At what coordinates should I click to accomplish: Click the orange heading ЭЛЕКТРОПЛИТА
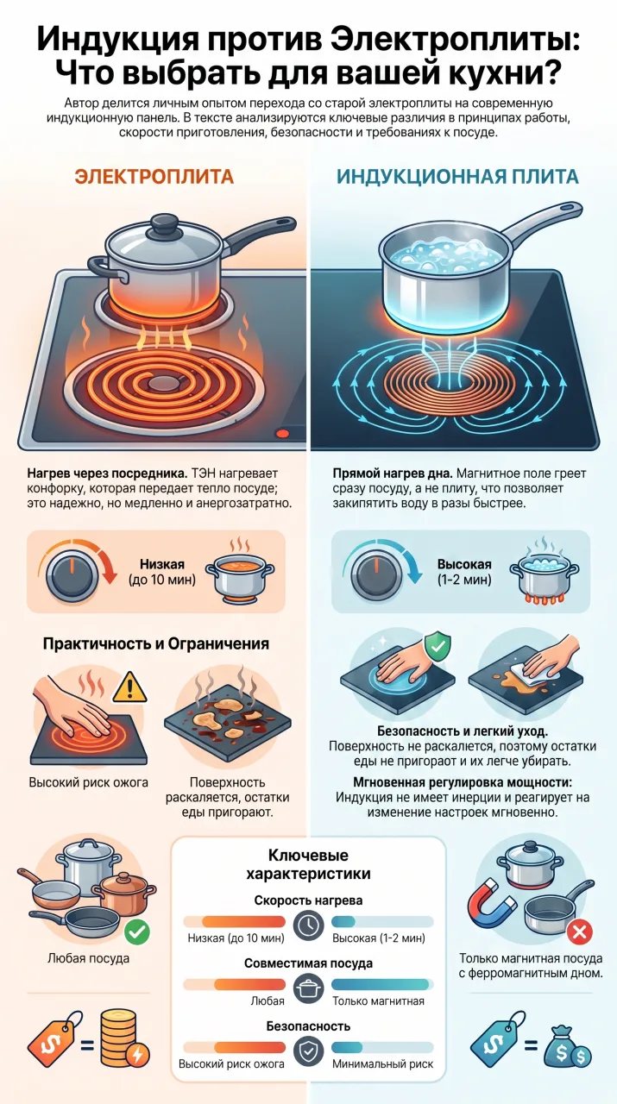click(x=154, y=177)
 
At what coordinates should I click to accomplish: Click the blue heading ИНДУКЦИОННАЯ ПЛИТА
click(x=457, y=177)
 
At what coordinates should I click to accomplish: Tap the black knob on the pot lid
click(x=164, y=223)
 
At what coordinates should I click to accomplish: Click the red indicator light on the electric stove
click(x=282, y=434)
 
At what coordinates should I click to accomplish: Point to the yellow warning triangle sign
click(x=130, y=687)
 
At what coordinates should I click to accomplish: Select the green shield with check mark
click(x=438, y=646)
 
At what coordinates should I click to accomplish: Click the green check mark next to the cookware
click(x=137, y=931)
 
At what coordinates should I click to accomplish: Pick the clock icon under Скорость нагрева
click(x=308, y=925)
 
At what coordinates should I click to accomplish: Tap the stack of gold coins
click(x=121, y=1038)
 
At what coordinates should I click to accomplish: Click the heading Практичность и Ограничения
click(x=156, y=643)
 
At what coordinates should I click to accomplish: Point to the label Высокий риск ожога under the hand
click(x=88, y=782)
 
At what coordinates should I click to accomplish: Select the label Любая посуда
click(x=88, y=958)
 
